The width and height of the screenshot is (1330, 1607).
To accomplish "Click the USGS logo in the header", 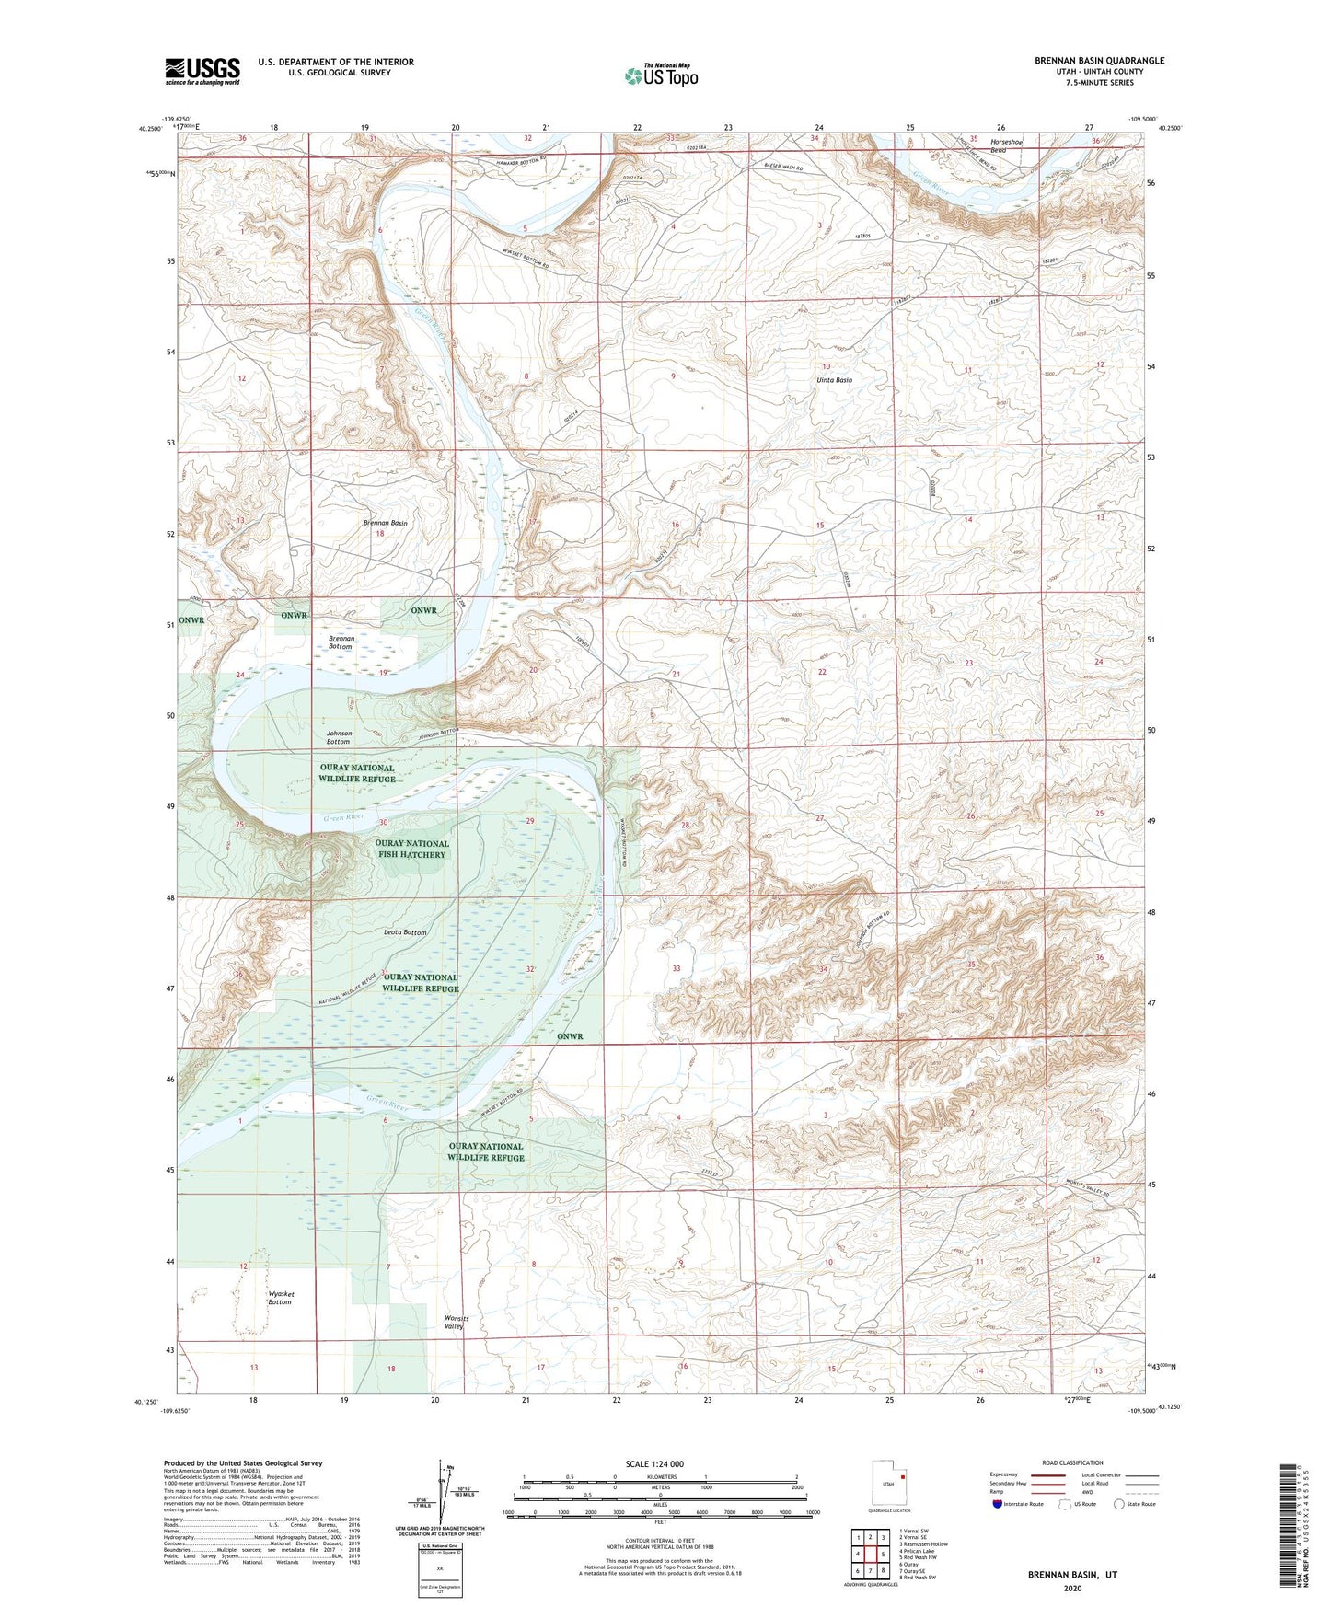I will point(202,71).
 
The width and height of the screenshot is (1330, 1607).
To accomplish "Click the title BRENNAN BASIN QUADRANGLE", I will point(1099,61).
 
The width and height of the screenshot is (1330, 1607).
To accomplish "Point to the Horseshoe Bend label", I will point(1005,145).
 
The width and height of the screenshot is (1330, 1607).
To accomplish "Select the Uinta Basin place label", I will point(834,380).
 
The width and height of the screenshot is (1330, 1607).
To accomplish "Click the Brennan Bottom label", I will point(341,642).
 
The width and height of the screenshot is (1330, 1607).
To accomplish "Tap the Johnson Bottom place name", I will point(338,737).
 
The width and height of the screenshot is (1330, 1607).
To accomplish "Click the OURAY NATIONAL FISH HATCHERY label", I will point(411,849).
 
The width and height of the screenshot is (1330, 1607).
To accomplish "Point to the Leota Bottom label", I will point(404,932).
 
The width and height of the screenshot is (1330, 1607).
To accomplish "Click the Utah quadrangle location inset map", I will point(888,1486).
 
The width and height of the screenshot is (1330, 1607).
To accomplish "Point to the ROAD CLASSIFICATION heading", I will point(1072,1462).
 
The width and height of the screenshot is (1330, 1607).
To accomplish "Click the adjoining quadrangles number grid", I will point(870,1554).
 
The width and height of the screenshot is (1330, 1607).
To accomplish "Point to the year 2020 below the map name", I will point(1071,1588).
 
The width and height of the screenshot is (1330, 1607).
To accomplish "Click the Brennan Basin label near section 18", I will point(385,523).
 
